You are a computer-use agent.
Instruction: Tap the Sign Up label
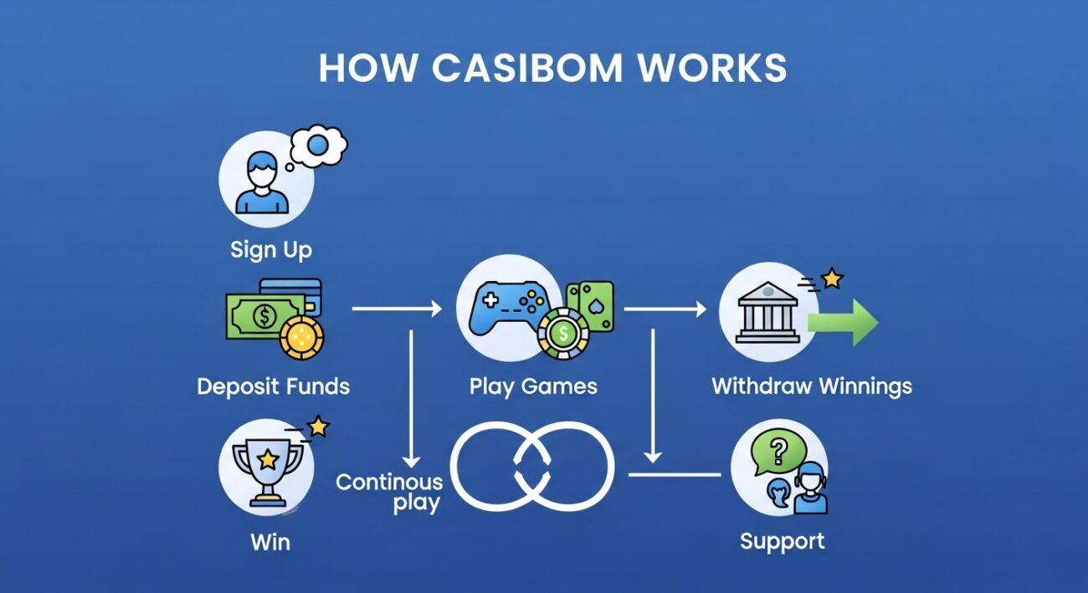click(x=270, y=249)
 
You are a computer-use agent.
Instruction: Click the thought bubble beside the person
click(x=319, y=147)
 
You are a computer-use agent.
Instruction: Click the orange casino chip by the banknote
click(x=301, y=338)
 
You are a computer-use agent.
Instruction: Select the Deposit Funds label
click(x=273, y=386)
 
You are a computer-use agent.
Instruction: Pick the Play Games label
click(x=533, y=386)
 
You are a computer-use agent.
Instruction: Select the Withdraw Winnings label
click(x=811, y=386)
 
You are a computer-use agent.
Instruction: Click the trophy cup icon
click(x=267, y=466)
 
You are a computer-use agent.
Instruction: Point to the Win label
click(x=270, y=541)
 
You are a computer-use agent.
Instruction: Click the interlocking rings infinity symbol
click(x=532, y=466)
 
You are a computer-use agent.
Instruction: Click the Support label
click(x=782, y=540)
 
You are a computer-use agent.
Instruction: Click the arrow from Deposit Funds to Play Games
click(x=397, y=309)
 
